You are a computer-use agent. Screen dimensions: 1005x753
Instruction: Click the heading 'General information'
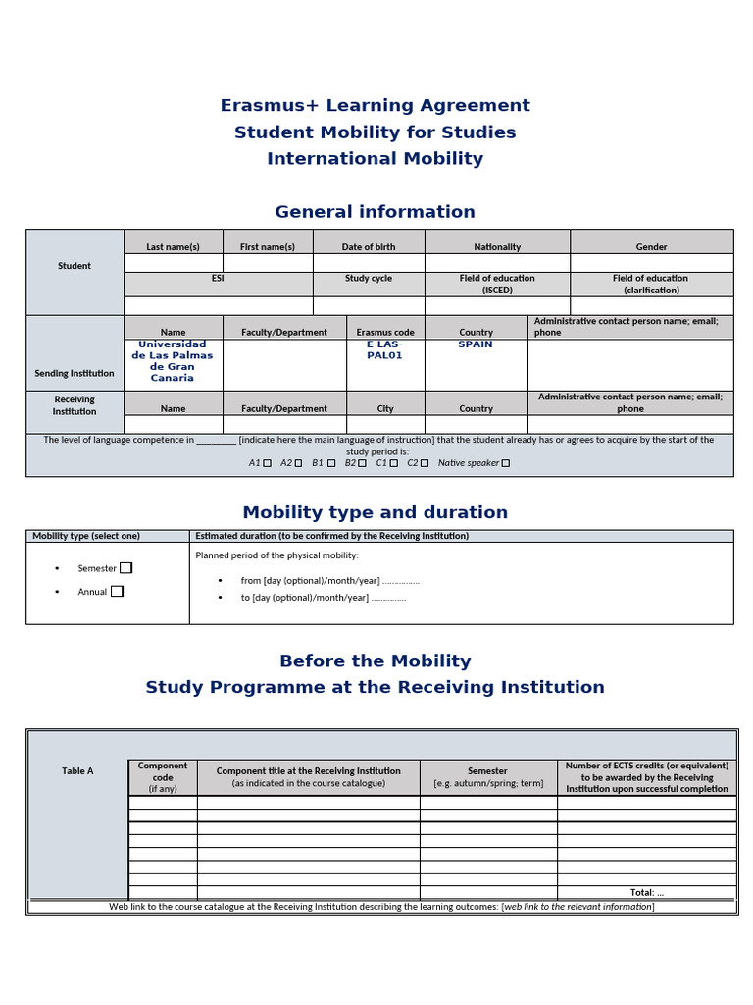[x=375, y=212]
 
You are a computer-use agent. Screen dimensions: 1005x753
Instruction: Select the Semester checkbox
[x=125, y=568]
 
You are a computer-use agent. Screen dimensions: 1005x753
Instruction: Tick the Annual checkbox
[x=118, y=591]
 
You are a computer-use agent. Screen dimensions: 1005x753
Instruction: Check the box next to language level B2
[x=362, y=463]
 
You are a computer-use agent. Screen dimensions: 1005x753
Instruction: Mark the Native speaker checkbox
[x=506, y=463]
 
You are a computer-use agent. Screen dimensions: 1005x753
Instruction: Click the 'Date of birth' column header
[x=369, y=247]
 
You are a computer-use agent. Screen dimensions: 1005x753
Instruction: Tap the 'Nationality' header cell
[x=497, y=247]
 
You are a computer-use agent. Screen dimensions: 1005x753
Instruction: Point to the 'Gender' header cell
[x=651, y=247]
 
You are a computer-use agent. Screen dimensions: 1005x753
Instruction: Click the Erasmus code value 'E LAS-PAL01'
[x=384, y=350]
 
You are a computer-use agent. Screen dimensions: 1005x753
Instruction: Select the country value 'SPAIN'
[x=476, y=344]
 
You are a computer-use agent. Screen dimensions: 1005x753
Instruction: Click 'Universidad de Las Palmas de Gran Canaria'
[x=173, y=361]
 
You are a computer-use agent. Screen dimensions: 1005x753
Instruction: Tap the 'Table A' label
[x=77, y=771]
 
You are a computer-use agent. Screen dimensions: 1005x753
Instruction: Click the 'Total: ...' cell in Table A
[x=646, y=892]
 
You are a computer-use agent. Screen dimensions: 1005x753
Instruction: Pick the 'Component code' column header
[x=163, y=776]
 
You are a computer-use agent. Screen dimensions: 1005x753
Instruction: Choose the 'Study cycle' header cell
[x=369, y=279]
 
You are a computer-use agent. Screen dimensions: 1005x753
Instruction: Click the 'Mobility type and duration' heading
[x=375, y=512]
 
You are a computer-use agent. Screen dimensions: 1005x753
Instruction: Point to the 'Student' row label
[x=75, y=266]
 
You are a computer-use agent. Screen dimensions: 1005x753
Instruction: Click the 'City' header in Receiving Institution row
[x=385, y=408]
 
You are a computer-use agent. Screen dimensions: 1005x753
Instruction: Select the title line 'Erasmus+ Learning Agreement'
[x=375, y=106]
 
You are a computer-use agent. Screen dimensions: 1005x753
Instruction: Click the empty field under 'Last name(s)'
[x=174, y=263]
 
